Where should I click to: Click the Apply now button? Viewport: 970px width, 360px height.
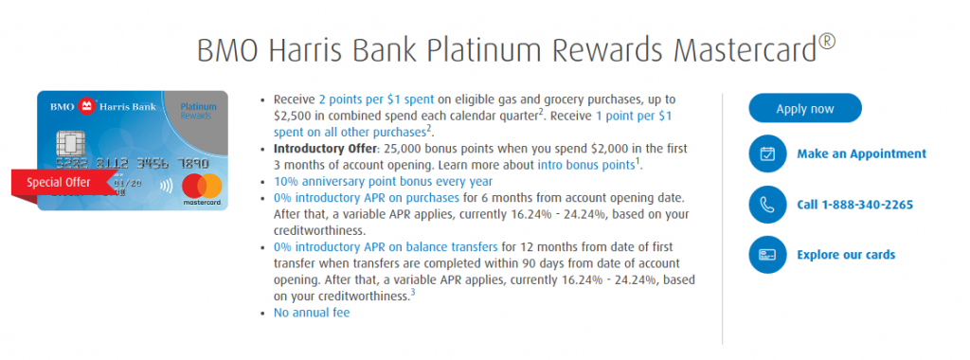click(805, 108)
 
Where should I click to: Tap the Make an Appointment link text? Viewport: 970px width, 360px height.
click(861, 154)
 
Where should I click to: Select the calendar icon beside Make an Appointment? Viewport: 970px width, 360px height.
click(767, 153)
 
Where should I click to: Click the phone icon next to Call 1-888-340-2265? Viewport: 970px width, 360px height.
click(767, 204)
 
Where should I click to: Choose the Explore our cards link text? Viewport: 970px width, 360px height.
click(846, 255)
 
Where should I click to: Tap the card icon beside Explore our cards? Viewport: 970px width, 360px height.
click(767, 255)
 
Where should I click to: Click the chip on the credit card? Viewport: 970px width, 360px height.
click(69, 145)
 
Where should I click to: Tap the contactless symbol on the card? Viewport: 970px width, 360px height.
click(166, 185)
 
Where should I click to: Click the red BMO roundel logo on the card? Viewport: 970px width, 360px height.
click(86, 107)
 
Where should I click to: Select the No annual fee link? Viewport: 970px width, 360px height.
click(312, 313)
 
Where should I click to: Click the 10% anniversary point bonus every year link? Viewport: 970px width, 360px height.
click(384, 181)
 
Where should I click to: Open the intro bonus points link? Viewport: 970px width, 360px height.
click(585, 165)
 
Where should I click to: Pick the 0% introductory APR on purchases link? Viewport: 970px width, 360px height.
click(367, 198)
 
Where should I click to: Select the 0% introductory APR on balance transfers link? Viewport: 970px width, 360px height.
click(386, 247)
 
